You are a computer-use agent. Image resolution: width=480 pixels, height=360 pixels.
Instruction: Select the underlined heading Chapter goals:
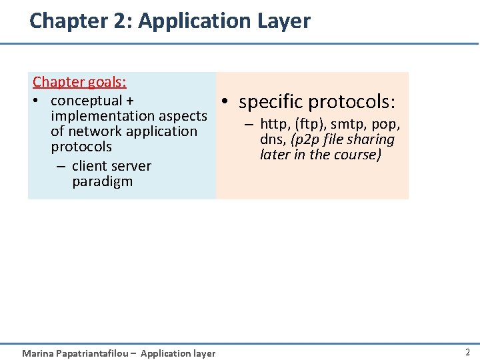[x=80, y=82]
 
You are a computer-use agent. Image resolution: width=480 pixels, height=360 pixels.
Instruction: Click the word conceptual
[x=86, y=101]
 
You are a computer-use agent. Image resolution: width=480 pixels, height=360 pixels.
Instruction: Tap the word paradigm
[x=103, y=181]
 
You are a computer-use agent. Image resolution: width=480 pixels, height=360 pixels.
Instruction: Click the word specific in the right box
[x=271, y=102]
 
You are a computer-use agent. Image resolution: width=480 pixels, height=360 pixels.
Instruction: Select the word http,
[x=275, y=124]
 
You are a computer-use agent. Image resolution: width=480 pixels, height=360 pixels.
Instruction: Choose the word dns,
[x=274, y=140]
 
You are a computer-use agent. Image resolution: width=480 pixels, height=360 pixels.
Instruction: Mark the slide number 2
[x=467, y=352]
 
